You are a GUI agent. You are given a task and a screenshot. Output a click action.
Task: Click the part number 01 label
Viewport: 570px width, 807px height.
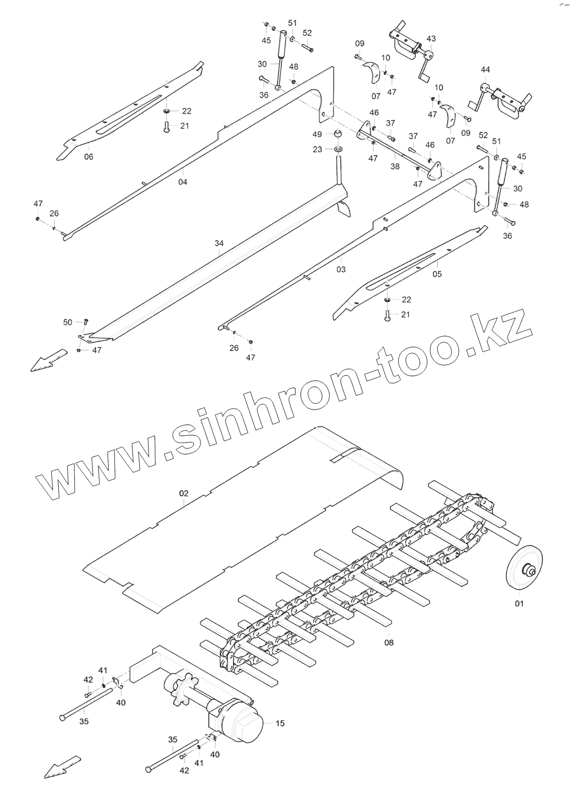click(519, 603)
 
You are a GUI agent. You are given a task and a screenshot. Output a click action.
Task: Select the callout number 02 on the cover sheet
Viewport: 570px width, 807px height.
click(184, 494)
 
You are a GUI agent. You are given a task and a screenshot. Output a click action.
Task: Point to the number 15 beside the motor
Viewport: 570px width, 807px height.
click(280, 723)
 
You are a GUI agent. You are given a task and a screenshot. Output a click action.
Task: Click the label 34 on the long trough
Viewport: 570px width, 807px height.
click(219, 243)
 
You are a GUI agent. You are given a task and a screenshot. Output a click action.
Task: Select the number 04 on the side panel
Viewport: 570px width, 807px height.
click(183, 182)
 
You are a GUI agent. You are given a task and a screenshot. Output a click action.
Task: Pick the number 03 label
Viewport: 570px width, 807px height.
click(341, 269)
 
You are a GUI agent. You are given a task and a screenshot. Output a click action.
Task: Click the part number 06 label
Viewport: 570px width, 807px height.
click(88, 156)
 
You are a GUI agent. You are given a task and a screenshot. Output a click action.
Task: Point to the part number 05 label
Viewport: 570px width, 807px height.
click(437, 274)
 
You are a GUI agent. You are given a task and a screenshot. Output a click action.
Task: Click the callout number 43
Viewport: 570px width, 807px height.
click(431, 39)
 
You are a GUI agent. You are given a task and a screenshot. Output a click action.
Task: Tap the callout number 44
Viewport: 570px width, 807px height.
click(485, 69)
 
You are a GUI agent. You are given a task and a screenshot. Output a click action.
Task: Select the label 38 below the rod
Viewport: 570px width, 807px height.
click(395, 166)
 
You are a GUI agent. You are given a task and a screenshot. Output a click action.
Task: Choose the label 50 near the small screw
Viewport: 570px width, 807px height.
click(68, 322)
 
